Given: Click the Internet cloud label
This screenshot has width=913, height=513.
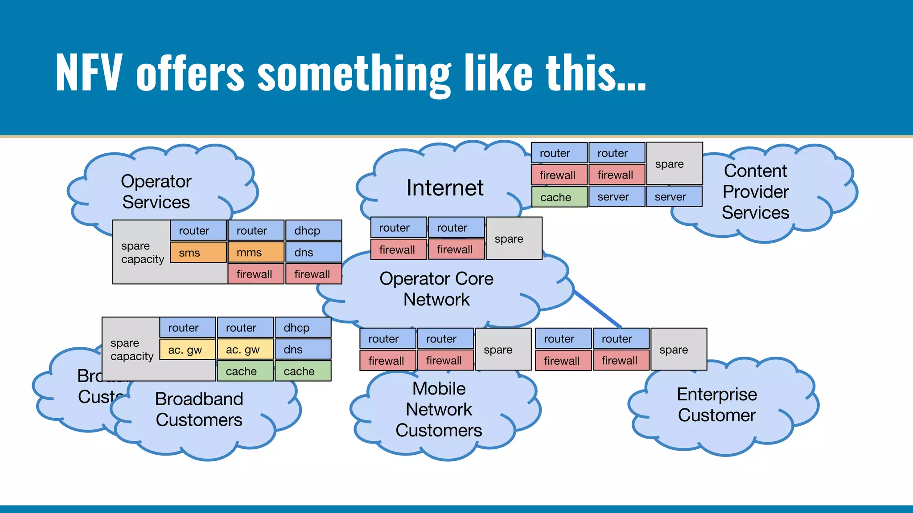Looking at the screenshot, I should click(445, 188).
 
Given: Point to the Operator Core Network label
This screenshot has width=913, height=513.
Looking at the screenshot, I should click(436, 289).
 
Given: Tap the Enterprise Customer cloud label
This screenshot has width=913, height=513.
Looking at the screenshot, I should click(717, 404).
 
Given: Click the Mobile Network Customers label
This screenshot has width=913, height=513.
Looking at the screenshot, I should click(439, 409).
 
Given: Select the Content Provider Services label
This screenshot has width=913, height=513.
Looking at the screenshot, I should click(756, 191).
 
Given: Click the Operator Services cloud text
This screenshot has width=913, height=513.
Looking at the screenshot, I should click(156, 191).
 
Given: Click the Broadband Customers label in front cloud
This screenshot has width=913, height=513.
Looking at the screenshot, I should click(199, 409).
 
